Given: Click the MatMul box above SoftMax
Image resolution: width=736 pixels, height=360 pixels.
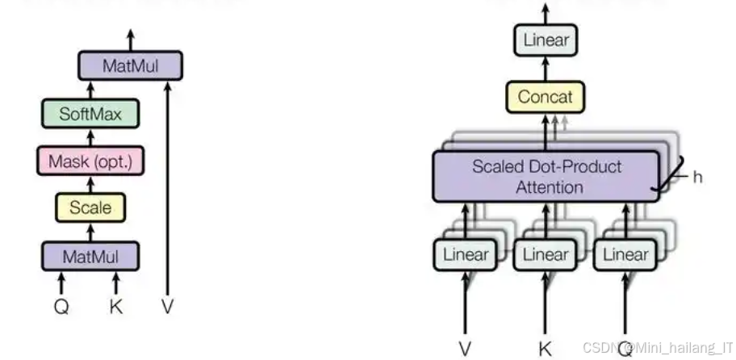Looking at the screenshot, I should [x=130, y=66].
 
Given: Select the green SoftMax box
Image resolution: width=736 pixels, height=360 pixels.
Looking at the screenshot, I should [x=90, y=114].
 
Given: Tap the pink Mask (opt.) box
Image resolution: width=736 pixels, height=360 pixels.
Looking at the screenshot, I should [x=90, y=161].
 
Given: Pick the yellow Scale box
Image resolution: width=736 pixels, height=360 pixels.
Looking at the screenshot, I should [x=90, y=207].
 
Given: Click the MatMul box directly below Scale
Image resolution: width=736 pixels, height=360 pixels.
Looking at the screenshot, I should [x=90, y=257].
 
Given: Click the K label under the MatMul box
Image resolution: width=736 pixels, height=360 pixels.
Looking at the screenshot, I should [x=115, y=306].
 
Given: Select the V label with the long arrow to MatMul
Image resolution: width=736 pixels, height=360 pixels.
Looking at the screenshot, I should [x=168, y=306].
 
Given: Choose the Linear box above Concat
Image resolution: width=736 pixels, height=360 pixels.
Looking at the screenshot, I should [x=546, y=40].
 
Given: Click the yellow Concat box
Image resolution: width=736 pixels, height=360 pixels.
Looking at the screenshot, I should [x=546, y=97].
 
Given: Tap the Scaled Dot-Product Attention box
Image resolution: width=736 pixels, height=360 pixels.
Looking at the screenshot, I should [x=546, y=177].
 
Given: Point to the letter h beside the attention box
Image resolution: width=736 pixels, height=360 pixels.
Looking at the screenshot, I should [x=697, y=176].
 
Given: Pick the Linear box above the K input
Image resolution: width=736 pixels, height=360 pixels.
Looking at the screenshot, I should [x=546, y=255].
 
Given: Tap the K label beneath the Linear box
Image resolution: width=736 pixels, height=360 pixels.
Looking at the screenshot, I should [x=546, y=349].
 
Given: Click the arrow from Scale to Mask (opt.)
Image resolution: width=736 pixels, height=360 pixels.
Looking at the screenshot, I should [x=90, y=184].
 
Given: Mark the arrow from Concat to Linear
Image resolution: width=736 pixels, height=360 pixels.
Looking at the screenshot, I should [x=546, y=69].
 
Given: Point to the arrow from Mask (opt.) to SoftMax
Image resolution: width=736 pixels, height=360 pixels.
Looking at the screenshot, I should [x=90, y=137].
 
